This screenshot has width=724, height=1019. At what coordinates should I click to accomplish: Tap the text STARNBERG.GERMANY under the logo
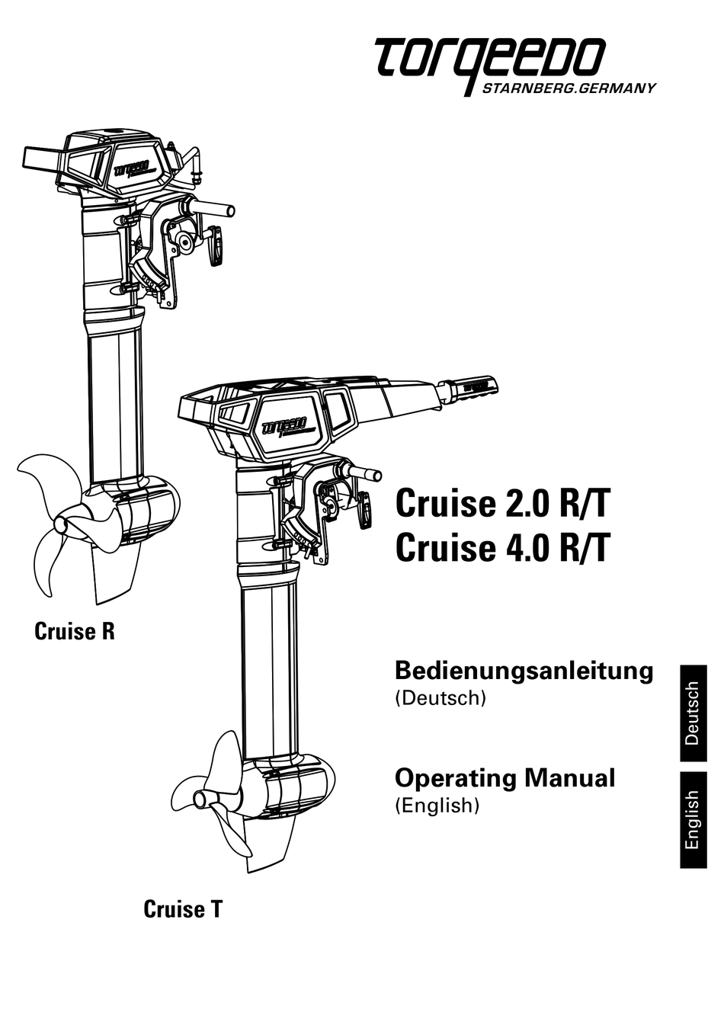click(x=569, y=88)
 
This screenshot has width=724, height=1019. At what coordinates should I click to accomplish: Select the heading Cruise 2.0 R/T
click(x=502, y=504)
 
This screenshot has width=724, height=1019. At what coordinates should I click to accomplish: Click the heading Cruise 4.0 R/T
click(x=502, y=547)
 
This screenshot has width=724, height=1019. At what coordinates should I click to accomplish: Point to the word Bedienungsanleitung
click(x=524, y=671)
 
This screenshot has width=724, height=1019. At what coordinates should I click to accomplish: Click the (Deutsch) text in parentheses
click(x=440, y=697)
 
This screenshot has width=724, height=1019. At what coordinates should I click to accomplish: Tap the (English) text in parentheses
click(x=437, y=805)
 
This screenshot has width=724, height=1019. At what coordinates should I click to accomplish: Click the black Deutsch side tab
click(x=693, y=713)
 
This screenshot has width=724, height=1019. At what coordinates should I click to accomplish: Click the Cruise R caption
click(x=75, y=631)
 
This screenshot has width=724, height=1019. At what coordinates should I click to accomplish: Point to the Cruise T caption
click(x=183, y=909)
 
